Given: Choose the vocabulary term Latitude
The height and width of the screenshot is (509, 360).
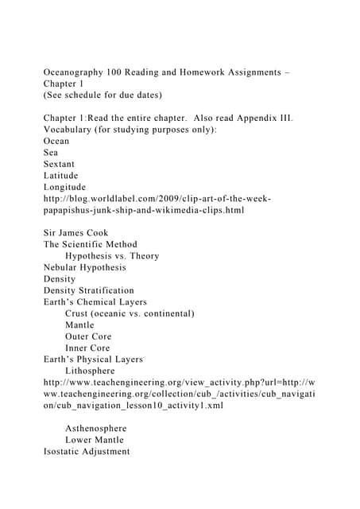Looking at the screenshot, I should (63, 176).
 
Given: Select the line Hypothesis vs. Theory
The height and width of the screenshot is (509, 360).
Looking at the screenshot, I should (112, 256).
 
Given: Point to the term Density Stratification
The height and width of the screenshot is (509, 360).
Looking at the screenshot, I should (89, 290).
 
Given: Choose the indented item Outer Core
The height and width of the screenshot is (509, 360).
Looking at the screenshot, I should (92, 336).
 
